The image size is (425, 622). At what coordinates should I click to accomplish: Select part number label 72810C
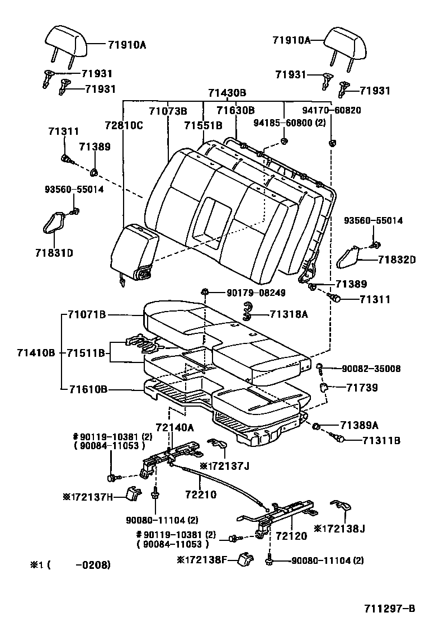coord(124,125)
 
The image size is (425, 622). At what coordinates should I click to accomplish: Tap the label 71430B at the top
coord(227,93)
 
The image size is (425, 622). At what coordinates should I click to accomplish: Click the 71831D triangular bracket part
coord(53,224)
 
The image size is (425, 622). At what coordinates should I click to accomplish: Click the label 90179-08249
coord(248,292)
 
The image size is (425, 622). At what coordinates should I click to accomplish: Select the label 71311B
coord(381,440)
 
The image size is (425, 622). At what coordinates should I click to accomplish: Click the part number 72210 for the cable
coord(200,495)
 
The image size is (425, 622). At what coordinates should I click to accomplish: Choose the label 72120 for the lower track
coord(291,536)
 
